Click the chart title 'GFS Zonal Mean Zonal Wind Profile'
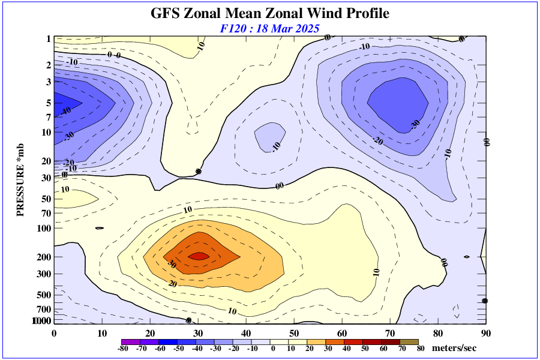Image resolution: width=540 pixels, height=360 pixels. (269, 13)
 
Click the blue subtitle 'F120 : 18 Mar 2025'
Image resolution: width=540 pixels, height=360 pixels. (269, 28)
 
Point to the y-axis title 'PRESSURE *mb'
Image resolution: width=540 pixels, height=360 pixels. (20, 180)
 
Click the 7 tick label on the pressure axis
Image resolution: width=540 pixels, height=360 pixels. (47, 116)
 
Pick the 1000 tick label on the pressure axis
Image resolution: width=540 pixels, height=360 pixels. (41, 321)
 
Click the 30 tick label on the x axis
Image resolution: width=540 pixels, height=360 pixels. (198, 333)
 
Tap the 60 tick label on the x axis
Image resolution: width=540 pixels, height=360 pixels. (342, 333)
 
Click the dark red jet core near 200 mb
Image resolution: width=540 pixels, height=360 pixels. (198, 256)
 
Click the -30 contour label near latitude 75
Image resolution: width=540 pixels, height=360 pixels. (415, 124)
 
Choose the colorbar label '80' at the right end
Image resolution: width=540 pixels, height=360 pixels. (421, 349)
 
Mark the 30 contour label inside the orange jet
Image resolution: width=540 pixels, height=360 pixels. (171, 263)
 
